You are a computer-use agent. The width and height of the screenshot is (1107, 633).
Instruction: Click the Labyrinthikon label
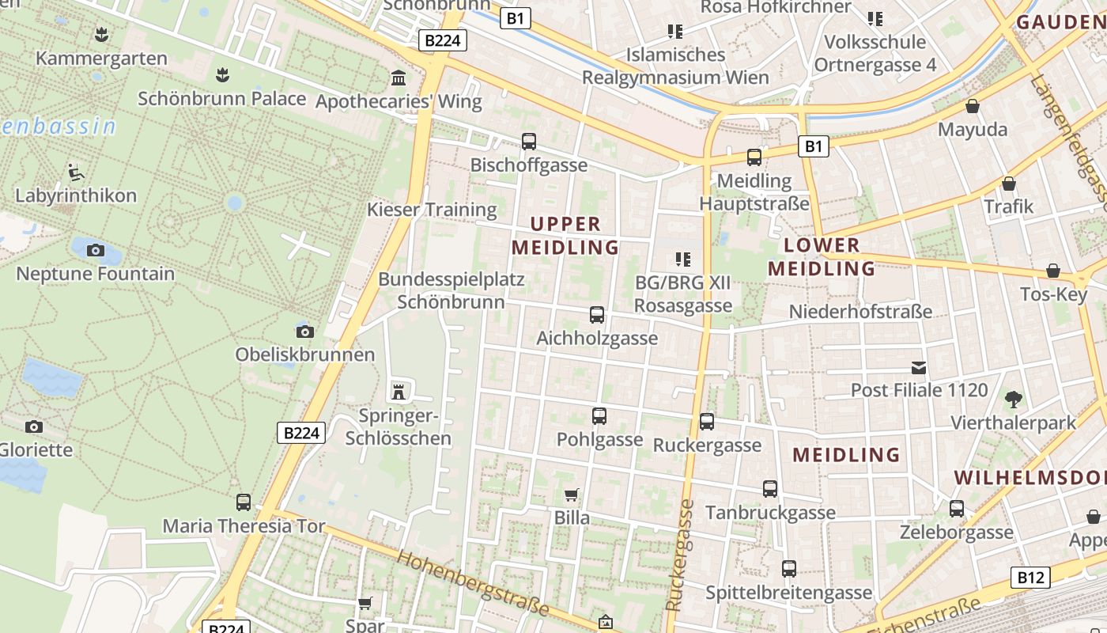point(76,195)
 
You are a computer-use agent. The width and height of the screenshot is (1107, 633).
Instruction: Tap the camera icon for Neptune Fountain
point(96,251)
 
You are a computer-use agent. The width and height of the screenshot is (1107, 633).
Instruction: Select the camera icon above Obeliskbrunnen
point(304,332)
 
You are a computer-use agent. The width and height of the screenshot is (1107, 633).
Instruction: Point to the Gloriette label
point(36,450)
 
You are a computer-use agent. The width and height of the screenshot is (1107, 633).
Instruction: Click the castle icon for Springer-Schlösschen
point(398,391)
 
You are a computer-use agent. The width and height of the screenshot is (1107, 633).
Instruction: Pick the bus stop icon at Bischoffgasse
point(529,142)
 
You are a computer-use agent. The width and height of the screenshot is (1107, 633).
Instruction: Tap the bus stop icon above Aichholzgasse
point(597,315)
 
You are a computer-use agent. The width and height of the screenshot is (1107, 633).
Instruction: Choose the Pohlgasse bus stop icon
point(599,416)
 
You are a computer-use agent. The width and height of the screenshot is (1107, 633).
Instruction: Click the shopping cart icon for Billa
point(572,495)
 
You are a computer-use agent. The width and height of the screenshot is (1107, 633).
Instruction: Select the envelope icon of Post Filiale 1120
point(919,368)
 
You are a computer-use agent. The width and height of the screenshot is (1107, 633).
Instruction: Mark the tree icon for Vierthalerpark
point(1013,400)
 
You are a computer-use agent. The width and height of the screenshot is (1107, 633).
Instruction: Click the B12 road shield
point(1030,578)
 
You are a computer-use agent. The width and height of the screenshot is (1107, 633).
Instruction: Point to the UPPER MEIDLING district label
point(565,236)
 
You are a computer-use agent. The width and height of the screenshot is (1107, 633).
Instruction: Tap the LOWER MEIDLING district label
point(822,257)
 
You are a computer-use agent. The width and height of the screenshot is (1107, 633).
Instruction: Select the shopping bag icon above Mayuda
point(973,107)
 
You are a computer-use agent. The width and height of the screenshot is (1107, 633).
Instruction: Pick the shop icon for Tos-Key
point(1053,271)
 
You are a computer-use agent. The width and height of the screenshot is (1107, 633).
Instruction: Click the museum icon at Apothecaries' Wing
point(399,78)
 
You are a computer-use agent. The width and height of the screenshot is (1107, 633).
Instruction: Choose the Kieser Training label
point(432,210)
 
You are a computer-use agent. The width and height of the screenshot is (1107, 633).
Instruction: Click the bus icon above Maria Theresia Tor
point(244,502)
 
